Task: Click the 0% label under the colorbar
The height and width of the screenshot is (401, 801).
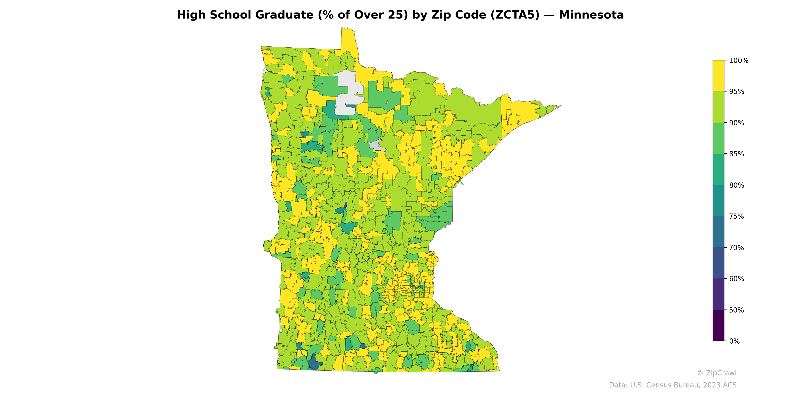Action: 734,341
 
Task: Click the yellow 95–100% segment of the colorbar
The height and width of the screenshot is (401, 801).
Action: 718,76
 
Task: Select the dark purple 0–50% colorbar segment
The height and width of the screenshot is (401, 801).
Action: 718,325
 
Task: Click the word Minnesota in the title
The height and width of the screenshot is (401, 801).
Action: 591,15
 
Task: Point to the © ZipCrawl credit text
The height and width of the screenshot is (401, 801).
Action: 716,373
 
